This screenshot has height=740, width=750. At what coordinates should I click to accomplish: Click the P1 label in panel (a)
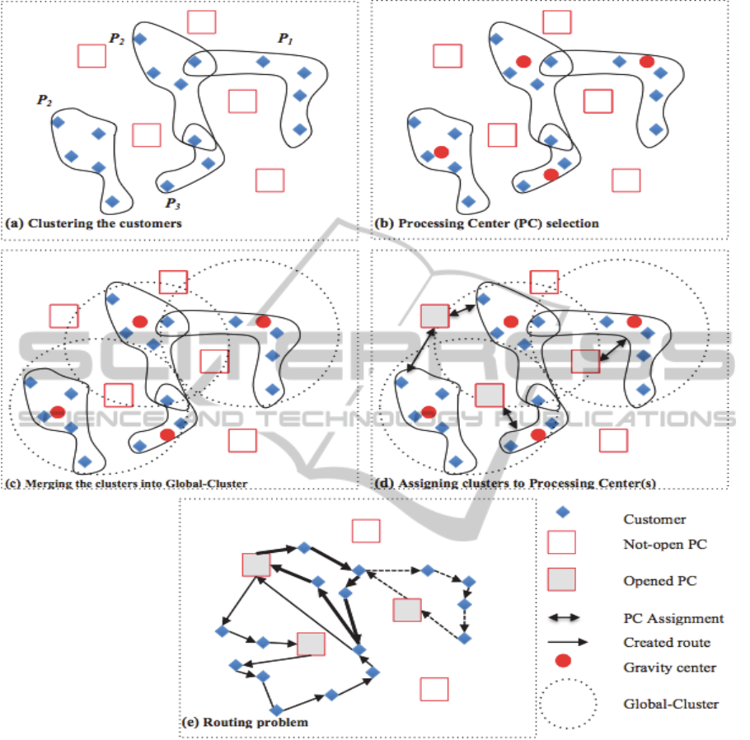click(284, 38)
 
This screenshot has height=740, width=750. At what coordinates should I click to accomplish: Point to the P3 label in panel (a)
click(172, 204)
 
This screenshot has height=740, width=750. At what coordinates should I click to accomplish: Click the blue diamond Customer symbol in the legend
click(563, 512)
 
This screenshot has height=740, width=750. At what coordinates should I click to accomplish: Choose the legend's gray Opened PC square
click(562, 578)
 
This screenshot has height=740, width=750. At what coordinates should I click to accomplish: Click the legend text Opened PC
click(660, 581)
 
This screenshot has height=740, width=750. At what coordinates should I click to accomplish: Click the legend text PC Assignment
click(673, 618)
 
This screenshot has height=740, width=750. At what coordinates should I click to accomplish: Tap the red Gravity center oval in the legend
click(563, 661)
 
